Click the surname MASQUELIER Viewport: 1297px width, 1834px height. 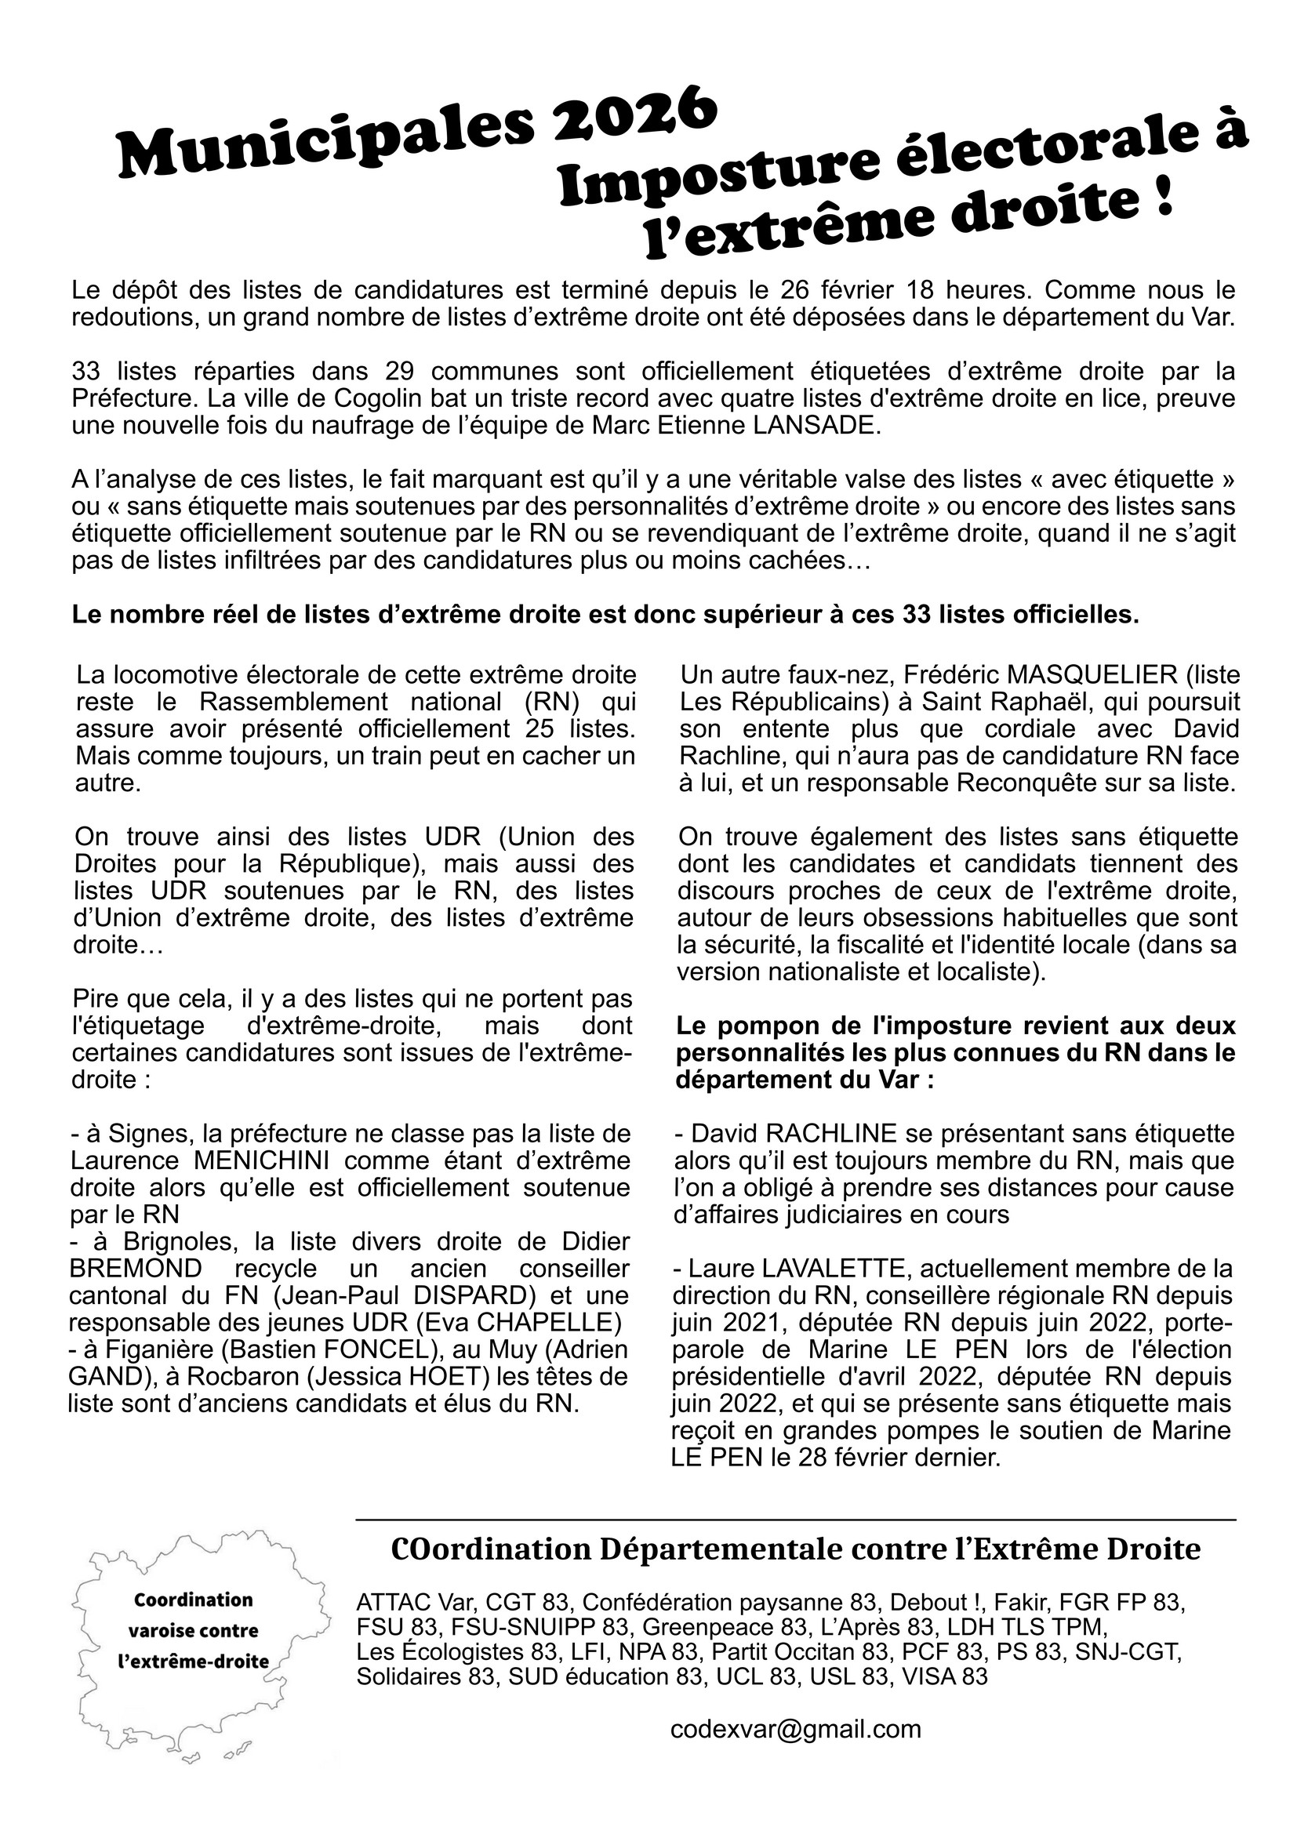point(1080,675)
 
